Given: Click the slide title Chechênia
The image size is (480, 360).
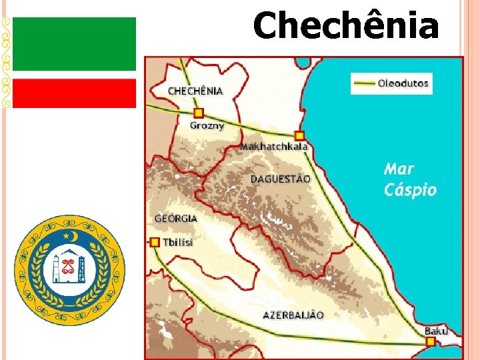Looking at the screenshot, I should click(x=345, y=27).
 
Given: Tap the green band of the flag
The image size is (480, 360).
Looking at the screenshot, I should click(x=74, y=44).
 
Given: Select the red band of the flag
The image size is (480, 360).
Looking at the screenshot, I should click(x=74, y=93).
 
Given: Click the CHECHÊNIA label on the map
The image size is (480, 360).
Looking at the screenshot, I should click(x=195, y=90).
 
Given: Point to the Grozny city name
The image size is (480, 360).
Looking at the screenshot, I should click(x=207, y=125).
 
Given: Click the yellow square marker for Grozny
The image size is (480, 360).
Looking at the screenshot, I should click(x=198, y=113).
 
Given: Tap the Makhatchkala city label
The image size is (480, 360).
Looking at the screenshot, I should click(x=274, y=146).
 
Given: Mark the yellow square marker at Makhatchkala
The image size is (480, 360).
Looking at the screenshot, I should click(x=299, y=135).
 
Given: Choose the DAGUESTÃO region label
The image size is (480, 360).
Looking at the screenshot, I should click(x=280, y=179).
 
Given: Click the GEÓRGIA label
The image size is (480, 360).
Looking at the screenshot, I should click(x=176, y=218).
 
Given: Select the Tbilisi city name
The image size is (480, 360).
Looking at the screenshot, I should click(x=178, y=243).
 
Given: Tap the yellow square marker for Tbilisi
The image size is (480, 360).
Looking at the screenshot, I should click(x=155, y=242).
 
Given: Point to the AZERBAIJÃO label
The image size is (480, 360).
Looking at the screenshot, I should click(x=293, y=314).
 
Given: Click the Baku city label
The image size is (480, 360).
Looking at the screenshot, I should click(x=436, y=331).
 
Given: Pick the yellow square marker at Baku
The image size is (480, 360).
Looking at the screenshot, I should click(x=430, y=341).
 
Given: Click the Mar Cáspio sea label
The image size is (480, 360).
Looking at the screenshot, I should click(x=410, y=180).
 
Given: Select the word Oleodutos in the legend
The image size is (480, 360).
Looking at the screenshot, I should click(x=403, y=84).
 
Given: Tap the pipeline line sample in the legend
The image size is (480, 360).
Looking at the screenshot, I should click(x=363, y=84).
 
